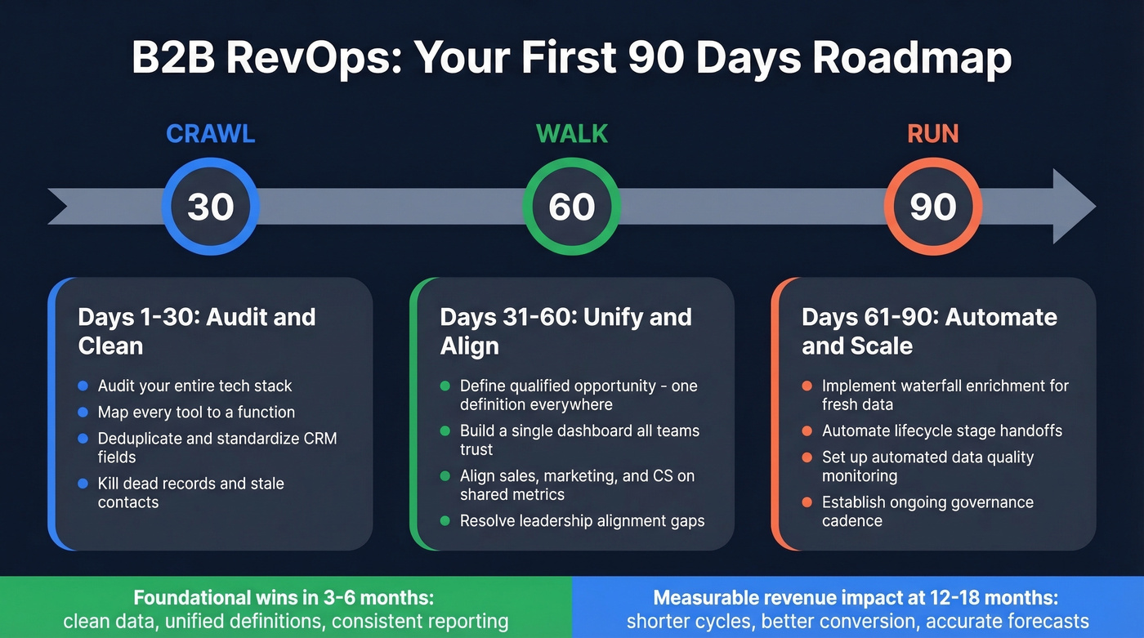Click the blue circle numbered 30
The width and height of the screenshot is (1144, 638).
[211, 207]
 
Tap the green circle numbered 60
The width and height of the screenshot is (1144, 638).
[572, 207]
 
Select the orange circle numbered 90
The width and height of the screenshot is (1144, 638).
[933, 207]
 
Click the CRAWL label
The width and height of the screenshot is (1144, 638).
[211, 133]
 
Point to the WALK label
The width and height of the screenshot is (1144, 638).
[572, 133]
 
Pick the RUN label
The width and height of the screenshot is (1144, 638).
[933, 133]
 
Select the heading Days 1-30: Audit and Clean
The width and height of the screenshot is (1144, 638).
[196, 331]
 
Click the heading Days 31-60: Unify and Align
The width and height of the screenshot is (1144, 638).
[565, 331]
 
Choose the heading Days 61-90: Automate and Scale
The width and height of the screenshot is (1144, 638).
[929, 331]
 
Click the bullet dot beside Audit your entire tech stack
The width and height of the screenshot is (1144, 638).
[83, 386]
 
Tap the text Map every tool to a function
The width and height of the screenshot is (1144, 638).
[196, 413]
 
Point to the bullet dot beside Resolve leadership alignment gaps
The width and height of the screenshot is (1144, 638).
[445, 520]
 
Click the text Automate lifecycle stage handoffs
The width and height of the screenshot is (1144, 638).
[942, 431]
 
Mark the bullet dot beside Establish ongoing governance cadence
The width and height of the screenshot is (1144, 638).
[807, 502]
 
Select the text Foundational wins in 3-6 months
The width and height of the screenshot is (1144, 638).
[285, 597]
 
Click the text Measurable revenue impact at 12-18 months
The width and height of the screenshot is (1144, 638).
[856, 597]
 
